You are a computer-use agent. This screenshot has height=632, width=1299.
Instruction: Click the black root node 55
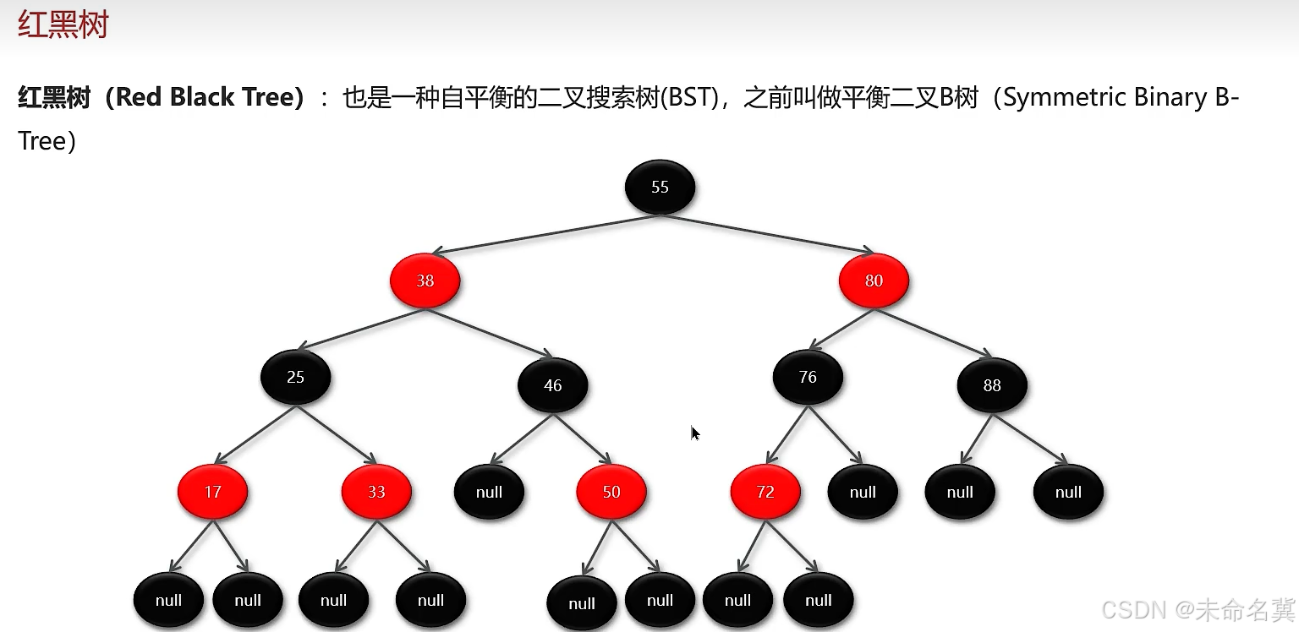pos(660,187)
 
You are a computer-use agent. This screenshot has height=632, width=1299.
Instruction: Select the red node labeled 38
pos(425,281)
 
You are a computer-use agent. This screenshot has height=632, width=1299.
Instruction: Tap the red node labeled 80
pos(874,281)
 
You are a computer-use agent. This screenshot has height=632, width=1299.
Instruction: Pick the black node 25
pos(295,377)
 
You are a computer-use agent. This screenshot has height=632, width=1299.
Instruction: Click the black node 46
pos(552,386)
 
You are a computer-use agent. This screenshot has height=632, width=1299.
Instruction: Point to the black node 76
pos(808,377)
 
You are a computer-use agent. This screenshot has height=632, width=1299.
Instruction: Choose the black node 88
pos(992,386)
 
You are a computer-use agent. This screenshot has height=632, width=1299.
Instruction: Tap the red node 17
pos(212,492)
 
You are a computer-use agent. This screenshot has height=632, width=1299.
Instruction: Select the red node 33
pos(376,492)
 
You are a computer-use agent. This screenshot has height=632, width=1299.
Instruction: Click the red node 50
pos(611,492)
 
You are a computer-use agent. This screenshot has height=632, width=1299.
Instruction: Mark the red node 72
pos(765,492)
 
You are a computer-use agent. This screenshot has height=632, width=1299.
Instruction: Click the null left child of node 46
pos(489,493)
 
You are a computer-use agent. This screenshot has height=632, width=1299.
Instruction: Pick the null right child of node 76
pos(863,493)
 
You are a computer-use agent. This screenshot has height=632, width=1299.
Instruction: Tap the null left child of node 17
pos(168,601)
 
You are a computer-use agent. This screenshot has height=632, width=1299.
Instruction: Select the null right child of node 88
pos(1068,493)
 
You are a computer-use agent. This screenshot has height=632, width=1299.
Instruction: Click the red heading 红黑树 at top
pos(63,25)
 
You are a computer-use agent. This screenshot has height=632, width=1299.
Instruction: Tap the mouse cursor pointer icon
pos(695,433)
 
